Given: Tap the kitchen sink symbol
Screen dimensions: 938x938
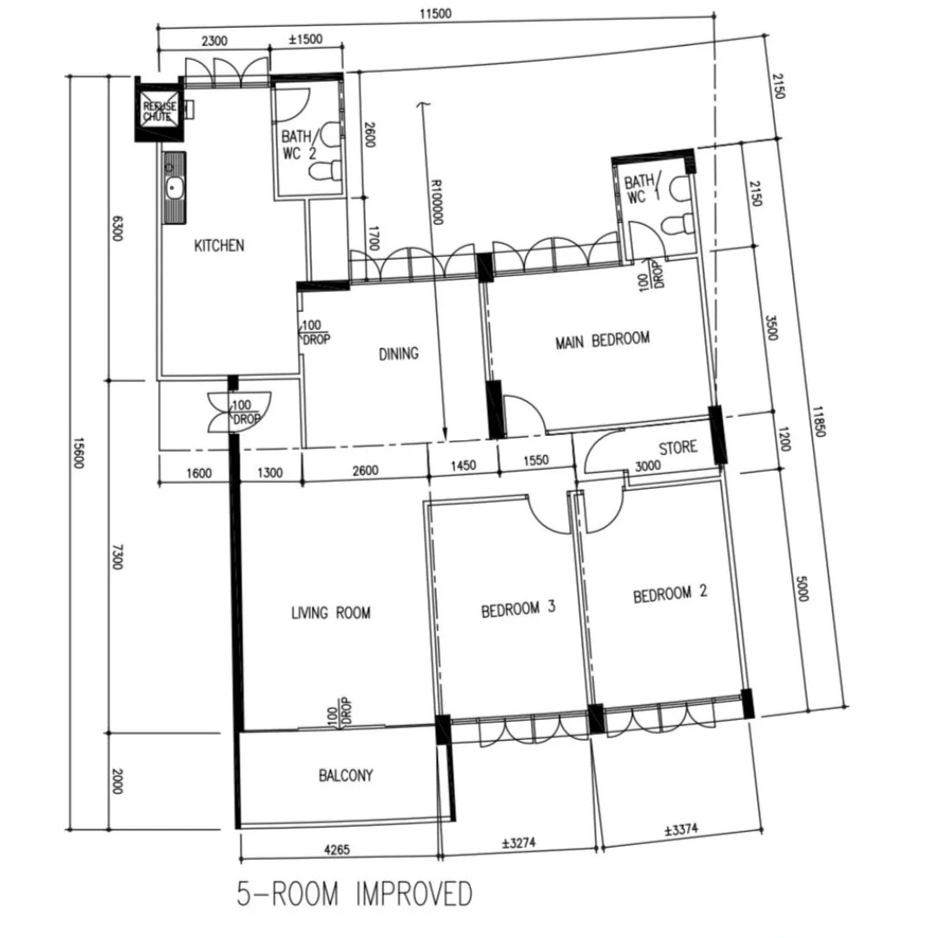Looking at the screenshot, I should click(x=174, y=187).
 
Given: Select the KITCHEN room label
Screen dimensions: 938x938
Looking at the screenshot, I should click(x=219, y=246).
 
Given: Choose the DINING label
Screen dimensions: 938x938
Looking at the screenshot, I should click(x=399, y=353).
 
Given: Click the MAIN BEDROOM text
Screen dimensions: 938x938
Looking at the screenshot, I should click(x=602, y=340).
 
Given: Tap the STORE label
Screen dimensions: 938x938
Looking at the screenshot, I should click(x=677, y=448).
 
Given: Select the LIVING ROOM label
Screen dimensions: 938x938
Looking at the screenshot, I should click(x=330, y=613).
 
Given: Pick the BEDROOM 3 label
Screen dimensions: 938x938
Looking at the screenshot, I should click(x=518, y=609).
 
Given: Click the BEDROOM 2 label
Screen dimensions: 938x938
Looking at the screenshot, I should click(x=669, y=595).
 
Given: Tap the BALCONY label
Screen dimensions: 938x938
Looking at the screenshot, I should click(x=346, y=776).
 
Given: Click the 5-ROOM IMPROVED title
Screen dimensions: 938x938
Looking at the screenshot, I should click(x=354, y=894).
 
